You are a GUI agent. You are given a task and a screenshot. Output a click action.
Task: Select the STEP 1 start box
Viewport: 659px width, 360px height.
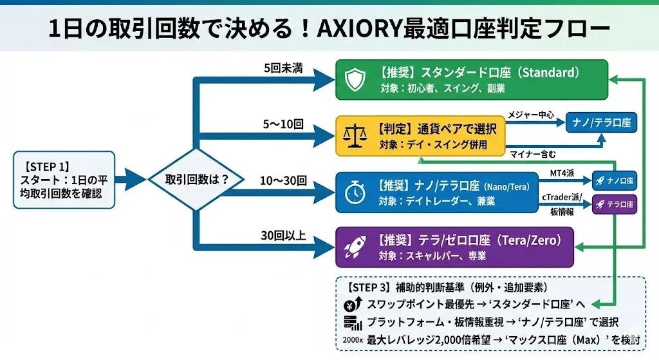[x=64, y=180]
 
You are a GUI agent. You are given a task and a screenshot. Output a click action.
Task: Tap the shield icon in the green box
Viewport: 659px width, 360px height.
[x=355, y=79]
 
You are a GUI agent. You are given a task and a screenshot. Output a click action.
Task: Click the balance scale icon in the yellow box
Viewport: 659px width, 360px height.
[x=355, y=136]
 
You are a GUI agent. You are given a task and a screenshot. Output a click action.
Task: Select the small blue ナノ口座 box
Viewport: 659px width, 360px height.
[x=614, y=181]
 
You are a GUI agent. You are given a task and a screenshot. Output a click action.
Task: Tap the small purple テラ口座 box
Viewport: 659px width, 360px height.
[x=614, y=204]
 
